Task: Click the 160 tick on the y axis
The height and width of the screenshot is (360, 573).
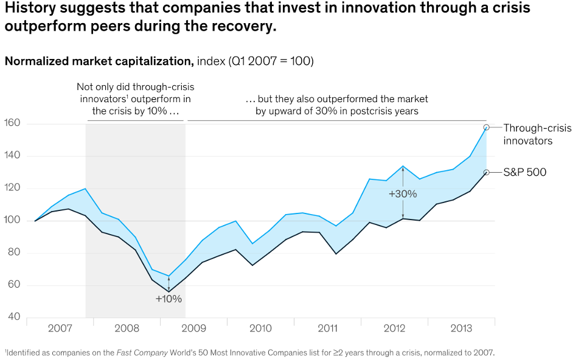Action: (x=13, y=123)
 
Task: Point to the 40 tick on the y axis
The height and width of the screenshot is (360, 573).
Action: (x=13, y=317)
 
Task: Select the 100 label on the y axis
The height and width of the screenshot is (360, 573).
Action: (x=13, y=220)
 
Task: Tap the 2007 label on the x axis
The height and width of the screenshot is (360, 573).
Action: (x=60, y=329)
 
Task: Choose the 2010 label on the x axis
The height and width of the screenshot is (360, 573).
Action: (x=260, y=329)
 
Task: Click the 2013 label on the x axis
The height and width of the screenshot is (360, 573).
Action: (x=461, y=329)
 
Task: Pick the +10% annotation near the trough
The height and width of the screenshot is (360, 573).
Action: (x=168, y=299)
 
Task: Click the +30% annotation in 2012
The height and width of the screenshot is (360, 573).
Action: (x=403, y=194)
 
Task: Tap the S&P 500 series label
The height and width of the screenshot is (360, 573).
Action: (x=524, y=172)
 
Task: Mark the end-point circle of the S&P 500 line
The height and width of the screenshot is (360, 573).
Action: (x=486, y=172)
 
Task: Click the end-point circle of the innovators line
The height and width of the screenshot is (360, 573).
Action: (x=486, y=127)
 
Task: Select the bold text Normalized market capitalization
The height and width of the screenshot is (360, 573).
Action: (x=99, y=61)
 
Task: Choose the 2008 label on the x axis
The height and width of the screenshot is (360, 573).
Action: (x=127, y=329)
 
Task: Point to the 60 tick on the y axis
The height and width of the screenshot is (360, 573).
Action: (x=13, y=285)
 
